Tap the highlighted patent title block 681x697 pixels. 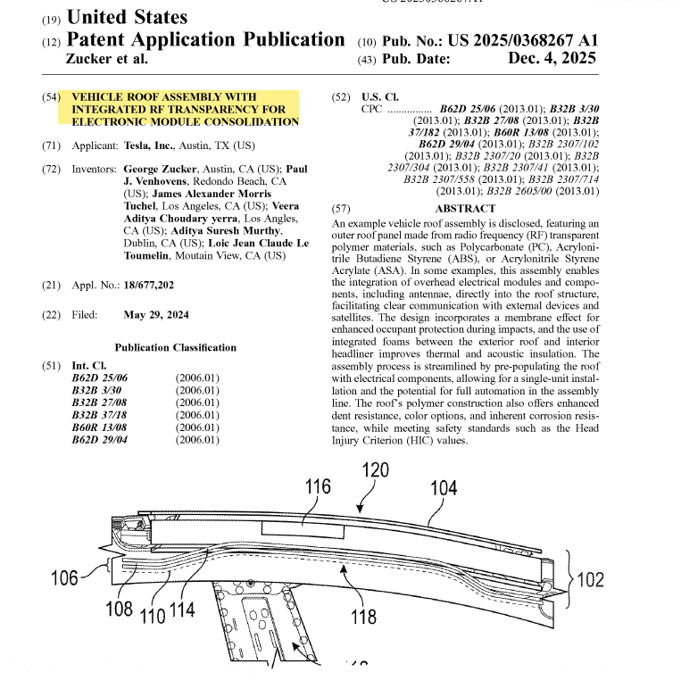(185, 108)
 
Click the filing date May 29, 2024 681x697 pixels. (156, 315)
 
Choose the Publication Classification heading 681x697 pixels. (176, 347)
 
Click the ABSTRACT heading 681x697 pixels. (464, 208)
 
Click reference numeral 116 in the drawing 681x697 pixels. (318, 486)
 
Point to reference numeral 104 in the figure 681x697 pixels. (444, 488)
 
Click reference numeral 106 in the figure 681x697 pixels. (64, 578)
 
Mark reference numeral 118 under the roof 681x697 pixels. (363, 616)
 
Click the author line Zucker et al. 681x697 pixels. (107, 59)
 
